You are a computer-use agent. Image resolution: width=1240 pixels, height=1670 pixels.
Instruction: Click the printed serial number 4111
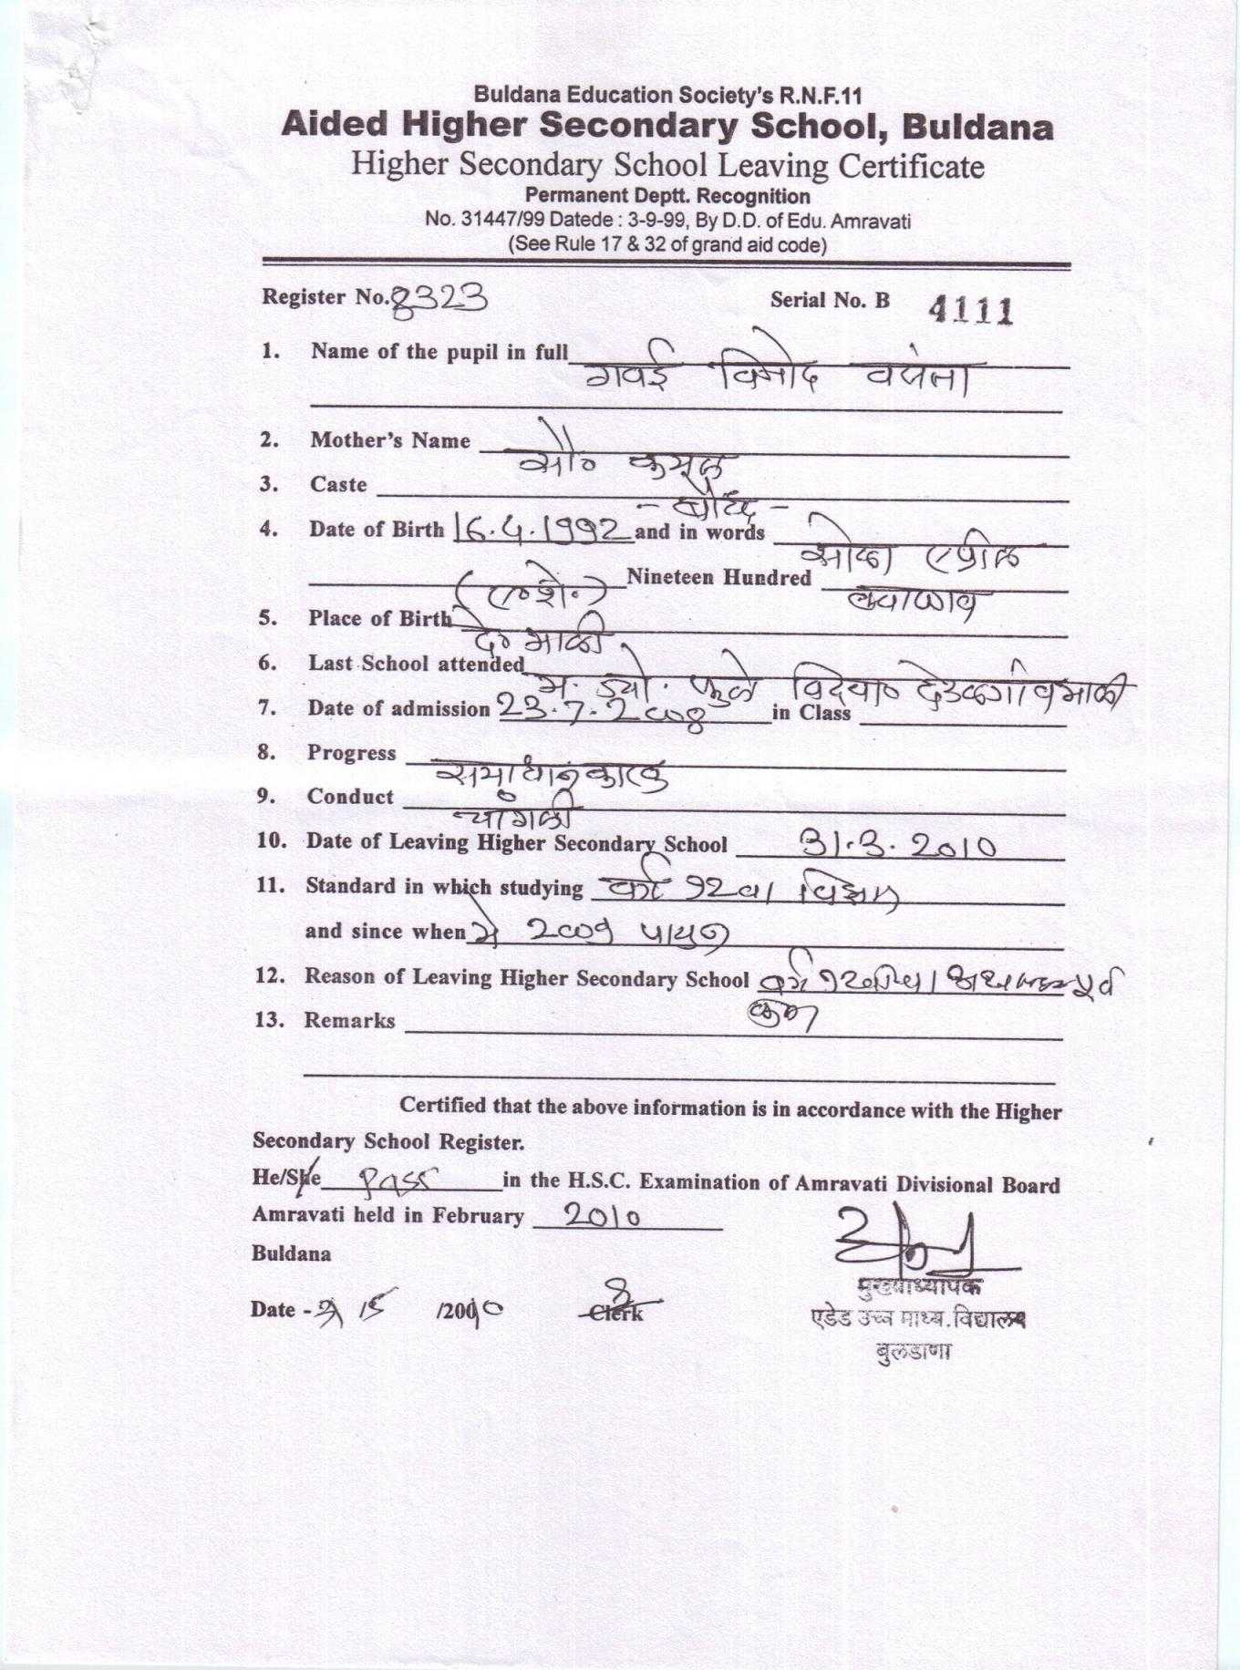pyautogui.click(x=971, y=312)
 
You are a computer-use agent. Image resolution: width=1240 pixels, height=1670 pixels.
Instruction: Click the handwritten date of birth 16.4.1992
pyautogui.click(x=542, y=530)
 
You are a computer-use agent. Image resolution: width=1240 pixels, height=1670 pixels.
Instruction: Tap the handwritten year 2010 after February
pyautogui.click(x=602, y=1215)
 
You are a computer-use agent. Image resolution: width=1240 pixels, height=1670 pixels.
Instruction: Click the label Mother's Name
pyautogui.click(x=390, y=440)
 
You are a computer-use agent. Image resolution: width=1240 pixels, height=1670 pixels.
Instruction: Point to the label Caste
pyautogui.click(x=338, y=485)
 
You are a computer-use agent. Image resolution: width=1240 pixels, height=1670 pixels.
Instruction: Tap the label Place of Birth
pyautogui.click(x=379, y=618)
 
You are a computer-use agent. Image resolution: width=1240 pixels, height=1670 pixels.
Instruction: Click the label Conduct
pyautogui.click(x=350, y=796)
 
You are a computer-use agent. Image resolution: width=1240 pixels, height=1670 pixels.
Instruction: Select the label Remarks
pyautogui.click(x=349, y=1020)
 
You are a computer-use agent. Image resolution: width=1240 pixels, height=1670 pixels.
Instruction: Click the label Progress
pyautogui.click(x=351, y=753)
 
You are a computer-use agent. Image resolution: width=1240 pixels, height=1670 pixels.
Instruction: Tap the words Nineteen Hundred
pyautogui.click(x=718, y=577)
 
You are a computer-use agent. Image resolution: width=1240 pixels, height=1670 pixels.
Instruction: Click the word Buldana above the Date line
pyautogui.click(x=291, y=1253)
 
